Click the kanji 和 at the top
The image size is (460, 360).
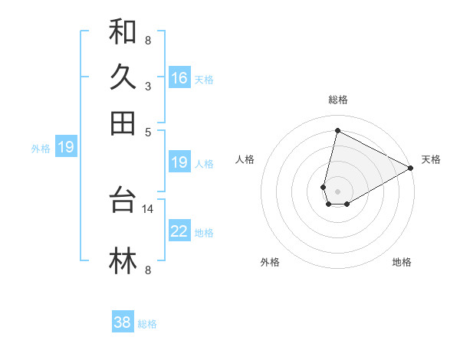pyautogui.click(x=123, y=33)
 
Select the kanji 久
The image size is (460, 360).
pyautogui.click(x=123, y=77)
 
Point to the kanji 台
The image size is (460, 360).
pyautogui.click(x=123, y=200)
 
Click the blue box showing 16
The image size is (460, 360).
pyautogui.click(x=179, y=78)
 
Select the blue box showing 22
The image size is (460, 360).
pyautogui.click(x=179, y=232)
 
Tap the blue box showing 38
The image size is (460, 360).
pyautogui.click(x=123, y=322)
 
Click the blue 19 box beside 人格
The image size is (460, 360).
pyautogui.click(x=179, y=162)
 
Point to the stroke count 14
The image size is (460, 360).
pyautogui.click(x=147, y=208)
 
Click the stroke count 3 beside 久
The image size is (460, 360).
pyautogui.click(x=147, y=86)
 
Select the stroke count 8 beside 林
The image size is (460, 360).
pyautogui.click(x=147, y=270)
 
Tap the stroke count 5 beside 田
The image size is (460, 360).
pyautogui.click(x=147, y=131)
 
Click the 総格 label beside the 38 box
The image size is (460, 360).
pyautogui.click(x=147, y=324)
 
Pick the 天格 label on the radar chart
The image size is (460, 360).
pyautogui.click(x=431, y=159)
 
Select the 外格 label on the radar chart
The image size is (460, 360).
pyautogui.click(x=270, y=262)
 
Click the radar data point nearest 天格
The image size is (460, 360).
pyautogui.click(x=411, y=168)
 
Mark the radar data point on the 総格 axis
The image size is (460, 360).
pyautogui.click(x=337, y=130)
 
